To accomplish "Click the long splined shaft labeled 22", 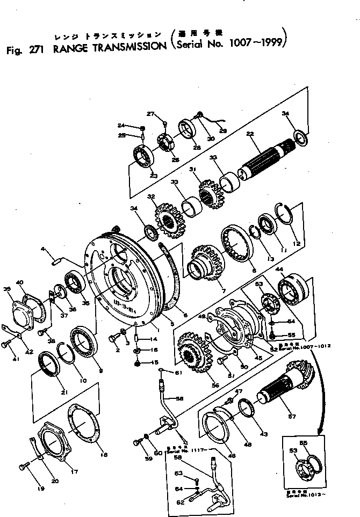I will point(266,158).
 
